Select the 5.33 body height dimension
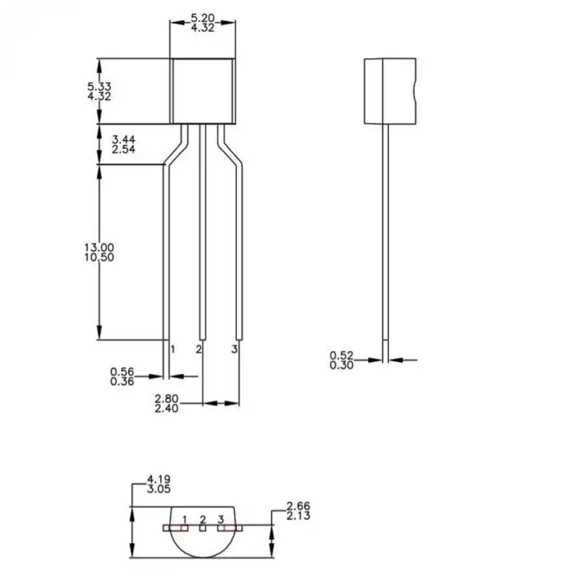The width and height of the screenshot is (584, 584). pos(99,86)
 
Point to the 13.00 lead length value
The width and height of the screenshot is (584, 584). pos(99,248)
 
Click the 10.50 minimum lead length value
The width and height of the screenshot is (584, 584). pos(99,258)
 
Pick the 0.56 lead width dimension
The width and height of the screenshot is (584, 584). pos(123,371)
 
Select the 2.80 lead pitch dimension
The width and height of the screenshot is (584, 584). pos(166,399)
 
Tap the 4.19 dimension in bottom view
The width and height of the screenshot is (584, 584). pos(159,479)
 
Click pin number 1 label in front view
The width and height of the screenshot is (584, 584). pos(173,349)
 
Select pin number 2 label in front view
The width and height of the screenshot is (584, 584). pos(199,349)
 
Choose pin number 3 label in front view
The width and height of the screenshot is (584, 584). pos(234,349)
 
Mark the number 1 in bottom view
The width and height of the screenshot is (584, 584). pos(184,519)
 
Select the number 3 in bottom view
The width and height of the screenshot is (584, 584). pos(221,519)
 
